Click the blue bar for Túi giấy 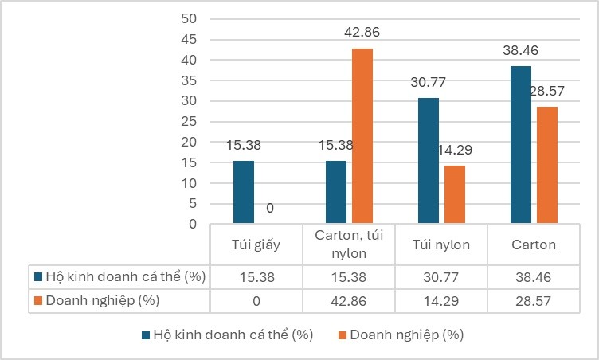(244, 193)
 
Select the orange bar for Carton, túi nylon (362, 136)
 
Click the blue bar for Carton (521, 145)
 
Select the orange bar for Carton (547, 165)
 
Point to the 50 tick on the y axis (189, 18)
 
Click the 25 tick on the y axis (189, 121)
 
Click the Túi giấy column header (256, 245)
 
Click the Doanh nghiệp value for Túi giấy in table (256, 300)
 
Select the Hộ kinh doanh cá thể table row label (119, 277)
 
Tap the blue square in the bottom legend (147, 335)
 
